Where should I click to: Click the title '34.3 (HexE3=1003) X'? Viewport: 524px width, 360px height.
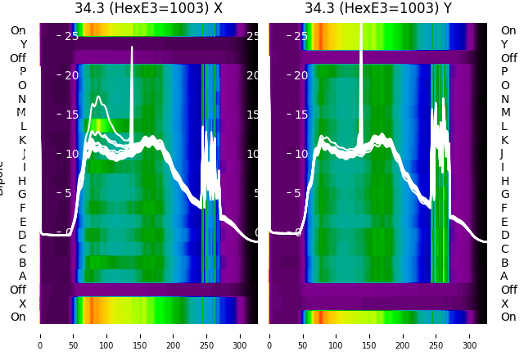148,9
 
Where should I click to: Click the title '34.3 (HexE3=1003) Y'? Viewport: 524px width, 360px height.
378,9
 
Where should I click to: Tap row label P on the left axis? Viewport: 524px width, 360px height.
22,72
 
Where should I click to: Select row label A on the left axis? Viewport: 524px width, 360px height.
22,277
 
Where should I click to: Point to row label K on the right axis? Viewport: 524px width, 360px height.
504,140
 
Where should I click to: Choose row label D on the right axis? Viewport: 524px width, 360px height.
504,236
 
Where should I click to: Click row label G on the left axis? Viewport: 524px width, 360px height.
22,195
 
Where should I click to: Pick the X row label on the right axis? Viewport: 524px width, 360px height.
504,304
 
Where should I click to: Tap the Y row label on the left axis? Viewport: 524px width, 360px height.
23,44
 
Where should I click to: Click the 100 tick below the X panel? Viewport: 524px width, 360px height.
106,335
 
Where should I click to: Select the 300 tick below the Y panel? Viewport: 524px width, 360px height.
470,335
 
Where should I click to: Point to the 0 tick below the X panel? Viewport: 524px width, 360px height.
40,335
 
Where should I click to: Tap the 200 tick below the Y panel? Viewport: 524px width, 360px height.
403,335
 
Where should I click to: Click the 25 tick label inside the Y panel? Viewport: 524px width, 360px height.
300,36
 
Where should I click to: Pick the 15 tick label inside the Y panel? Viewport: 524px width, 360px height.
300,115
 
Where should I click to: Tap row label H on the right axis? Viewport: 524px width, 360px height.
504,181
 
